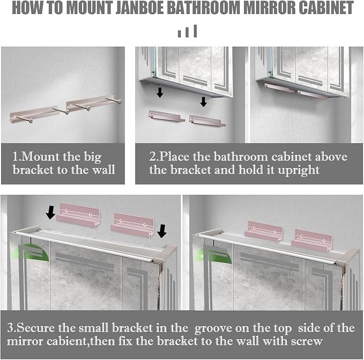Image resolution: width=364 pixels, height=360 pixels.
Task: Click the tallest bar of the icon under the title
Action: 195,31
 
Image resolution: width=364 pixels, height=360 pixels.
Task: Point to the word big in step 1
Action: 92,157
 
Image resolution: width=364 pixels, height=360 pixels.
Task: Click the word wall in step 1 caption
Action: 103,170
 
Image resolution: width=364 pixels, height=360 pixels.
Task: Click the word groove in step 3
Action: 213,329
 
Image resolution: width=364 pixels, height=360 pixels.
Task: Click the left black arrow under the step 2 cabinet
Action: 160,92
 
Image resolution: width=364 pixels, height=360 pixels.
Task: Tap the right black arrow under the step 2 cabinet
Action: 204,102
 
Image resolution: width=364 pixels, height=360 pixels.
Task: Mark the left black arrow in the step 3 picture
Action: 50,213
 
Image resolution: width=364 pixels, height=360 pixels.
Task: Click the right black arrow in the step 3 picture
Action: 162,231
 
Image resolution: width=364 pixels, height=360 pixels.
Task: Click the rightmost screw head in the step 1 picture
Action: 120,101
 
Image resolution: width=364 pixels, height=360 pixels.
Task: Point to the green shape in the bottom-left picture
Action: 35,252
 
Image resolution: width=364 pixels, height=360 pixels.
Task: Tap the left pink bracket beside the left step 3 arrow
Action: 78,215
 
